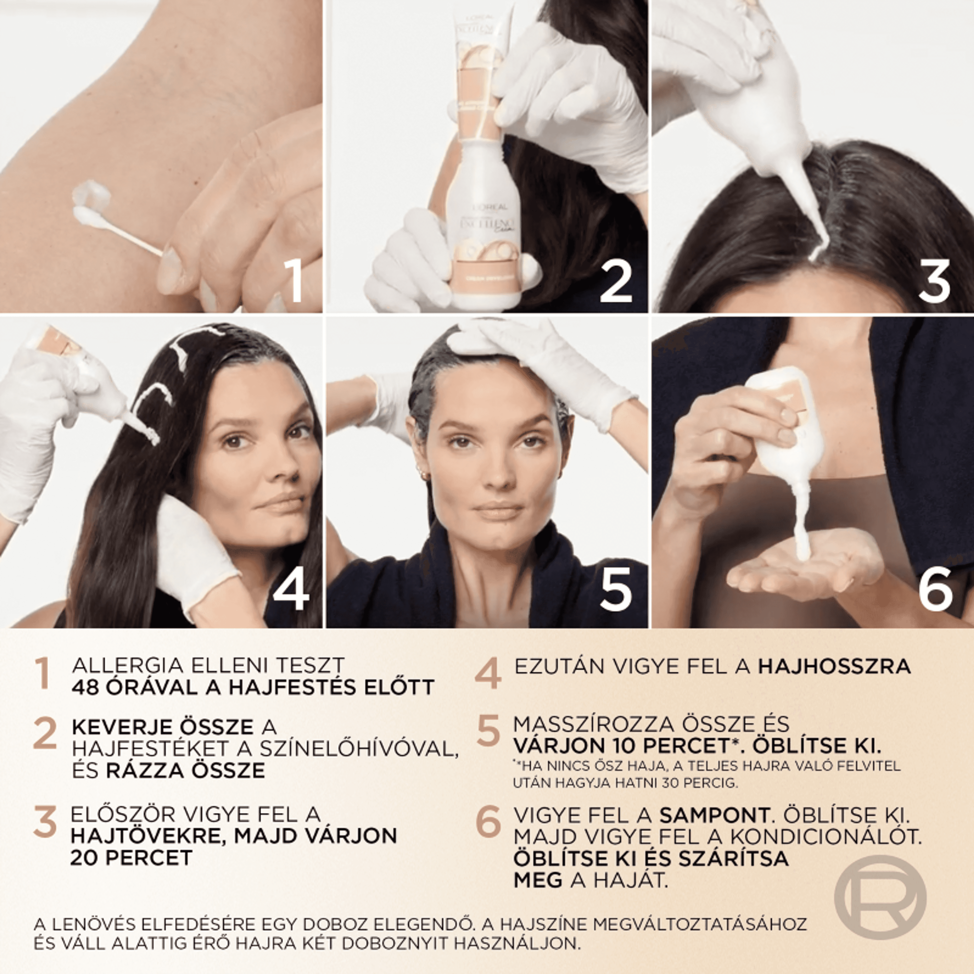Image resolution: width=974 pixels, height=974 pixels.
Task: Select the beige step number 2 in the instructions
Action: pos(45,734)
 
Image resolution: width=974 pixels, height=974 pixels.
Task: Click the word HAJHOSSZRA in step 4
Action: pos(834,666)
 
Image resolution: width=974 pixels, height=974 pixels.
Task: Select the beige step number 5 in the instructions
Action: pos(489,731)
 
